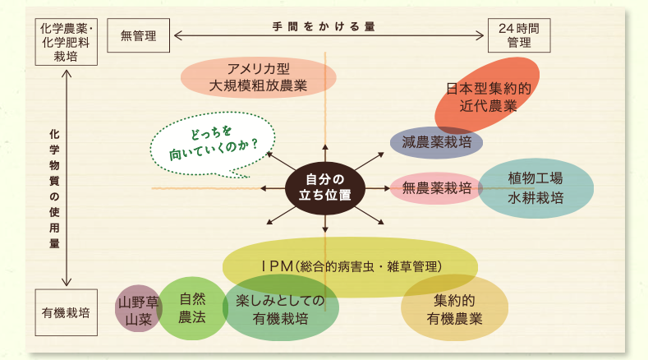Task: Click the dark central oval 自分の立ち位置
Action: point(325,187)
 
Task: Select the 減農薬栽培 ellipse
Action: point(436,142)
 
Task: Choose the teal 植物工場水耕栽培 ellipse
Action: point(535,188)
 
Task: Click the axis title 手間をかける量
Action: point(324,26)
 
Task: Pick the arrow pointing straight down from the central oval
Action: point(325,225)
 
